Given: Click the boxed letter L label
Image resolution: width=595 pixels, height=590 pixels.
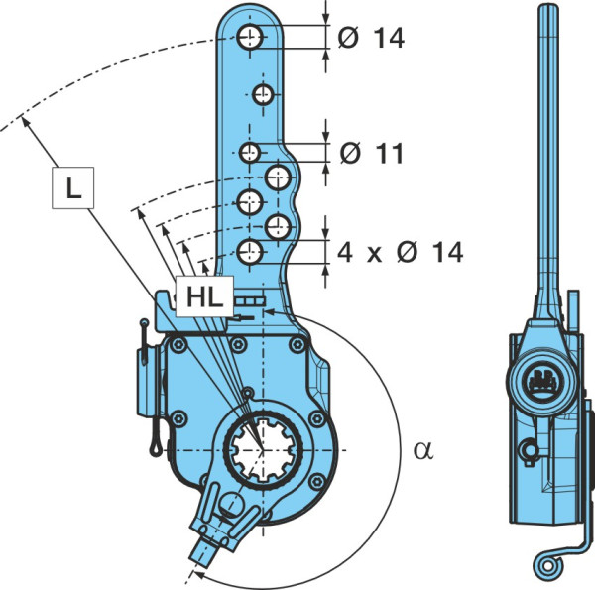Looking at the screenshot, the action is point(72,187).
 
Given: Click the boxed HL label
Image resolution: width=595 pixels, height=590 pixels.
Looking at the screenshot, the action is point(204,296).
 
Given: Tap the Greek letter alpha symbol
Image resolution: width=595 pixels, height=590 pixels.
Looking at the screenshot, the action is point(423,450).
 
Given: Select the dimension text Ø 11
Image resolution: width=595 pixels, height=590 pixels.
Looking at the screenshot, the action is point(371,154).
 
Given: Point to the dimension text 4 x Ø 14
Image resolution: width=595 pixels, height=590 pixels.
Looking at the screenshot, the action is point(401,252).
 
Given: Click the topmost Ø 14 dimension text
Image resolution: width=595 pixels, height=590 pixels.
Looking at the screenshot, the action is point(371,38).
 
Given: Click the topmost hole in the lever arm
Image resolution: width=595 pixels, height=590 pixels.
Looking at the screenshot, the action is point(250,37).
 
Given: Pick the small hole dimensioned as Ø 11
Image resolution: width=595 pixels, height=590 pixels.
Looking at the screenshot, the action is point(250,153).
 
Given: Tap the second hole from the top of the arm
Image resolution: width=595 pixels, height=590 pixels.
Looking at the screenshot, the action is point(263,94).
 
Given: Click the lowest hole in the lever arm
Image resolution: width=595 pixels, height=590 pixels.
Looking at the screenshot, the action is point(250,252).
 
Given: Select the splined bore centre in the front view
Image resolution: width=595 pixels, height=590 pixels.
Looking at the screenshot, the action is point(263,450).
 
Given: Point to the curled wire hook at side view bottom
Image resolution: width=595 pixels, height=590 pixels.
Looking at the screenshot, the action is point(548,566).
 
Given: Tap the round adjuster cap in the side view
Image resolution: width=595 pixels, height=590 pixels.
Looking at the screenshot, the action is point(542,380).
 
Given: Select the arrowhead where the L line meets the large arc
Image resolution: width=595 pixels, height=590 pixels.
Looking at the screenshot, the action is point(25,121).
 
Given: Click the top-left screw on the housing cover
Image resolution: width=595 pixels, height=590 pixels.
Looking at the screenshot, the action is point(178,345).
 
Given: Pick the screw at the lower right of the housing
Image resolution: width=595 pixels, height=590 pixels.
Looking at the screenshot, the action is point(316,482).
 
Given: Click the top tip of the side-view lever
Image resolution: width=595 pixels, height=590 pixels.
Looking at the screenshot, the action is point(548,5).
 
